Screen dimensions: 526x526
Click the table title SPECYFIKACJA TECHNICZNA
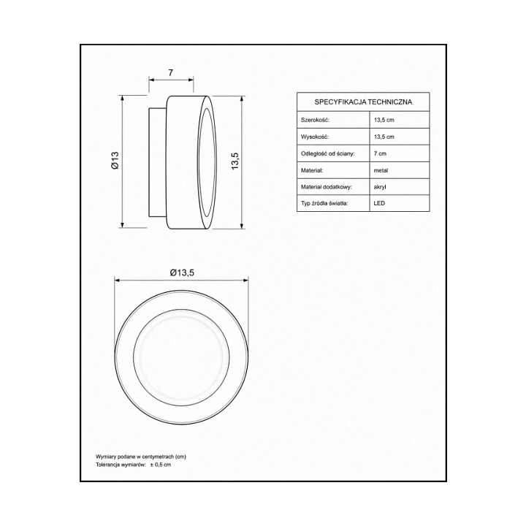363,102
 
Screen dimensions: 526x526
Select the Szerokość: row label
315,120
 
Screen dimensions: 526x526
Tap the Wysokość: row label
315,137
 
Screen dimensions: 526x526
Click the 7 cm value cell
380,153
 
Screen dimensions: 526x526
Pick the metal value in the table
381,170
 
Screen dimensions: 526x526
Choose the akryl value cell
380,187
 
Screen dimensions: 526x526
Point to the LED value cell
379,203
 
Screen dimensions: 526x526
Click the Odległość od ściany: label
328,153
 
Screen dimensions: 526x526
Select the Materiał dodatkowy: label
327,187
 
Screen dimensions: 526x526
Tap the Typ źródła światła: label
324,203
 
